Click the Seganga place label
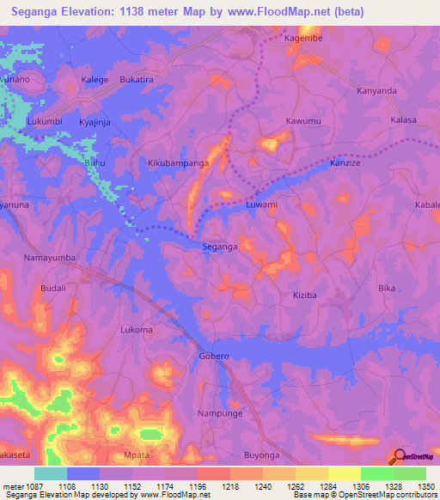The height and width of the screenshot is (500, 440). [219, 247]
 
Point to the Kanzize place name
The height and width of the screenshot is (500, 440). [347, 162]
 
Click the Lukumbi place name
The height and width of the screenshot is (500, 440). [45, 121]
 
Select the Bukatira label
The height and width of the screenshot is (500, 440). [137, 79]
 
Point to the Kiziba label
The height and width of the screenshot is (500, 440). [305, 294]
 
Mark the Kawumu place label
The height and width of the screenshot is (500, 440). [303, 121]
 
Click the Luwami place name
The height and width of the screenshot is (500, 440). [261, 205]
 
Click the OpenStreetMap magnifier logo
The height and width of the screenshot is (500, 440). [400, 457]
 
